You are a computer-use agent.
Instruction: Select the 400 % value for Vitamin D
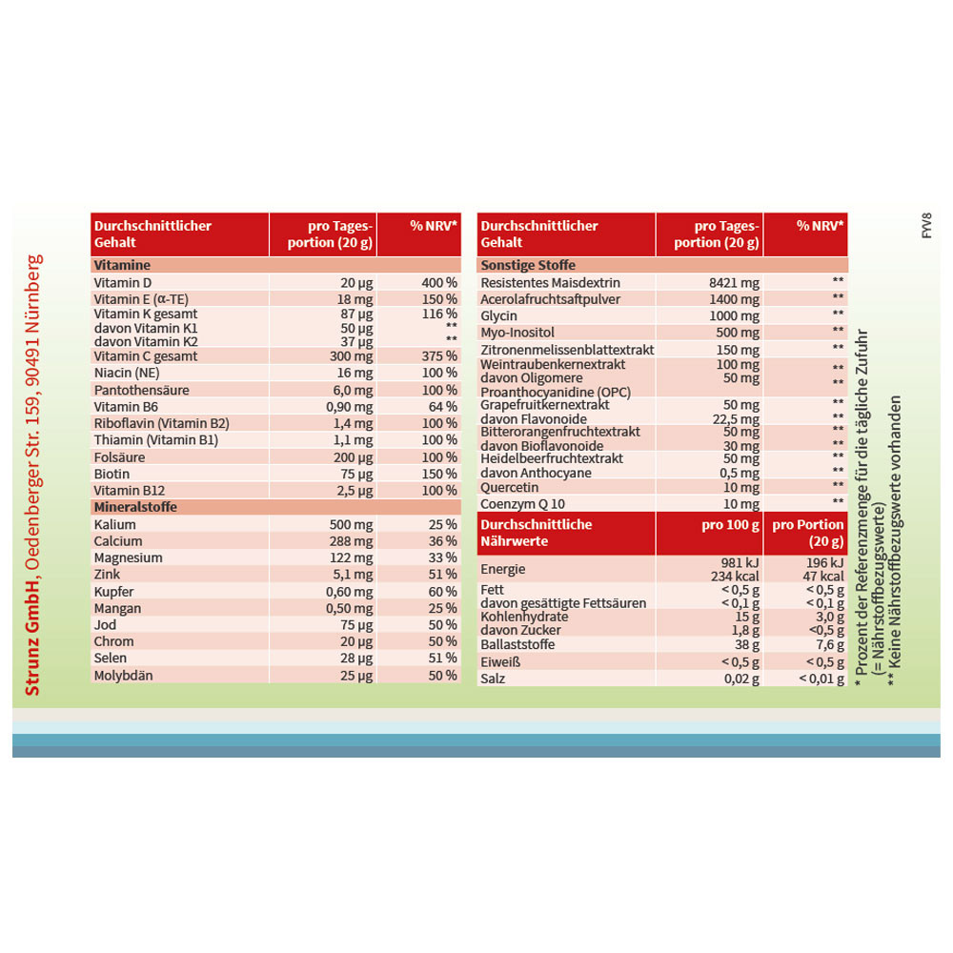(x=439, y=283)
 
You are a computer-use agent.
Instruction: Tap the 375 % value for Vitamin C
(x=439, y=355)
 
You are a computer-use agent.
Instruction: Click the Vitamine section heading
(x=121, y=265)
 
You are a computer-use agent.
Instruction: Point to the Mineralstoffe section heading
(x=135, y=507)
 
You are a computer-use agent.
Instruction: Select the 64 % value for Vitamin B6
(x=444, y=406)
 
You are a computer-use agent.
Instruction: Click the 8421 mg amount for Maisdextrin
(x=735, y=283)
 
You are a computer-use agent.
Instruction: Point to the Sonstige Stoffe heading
(x=528, y=265)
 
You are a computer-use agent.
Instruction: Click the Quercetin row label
(x=510, y=486)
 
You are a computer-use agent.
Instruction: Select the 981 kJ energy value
(x=740, y=562)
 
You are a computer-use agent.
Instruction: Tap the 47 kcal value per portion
(x=822, y=576)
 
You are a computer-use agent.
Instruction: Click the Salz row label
(x=494, y=679)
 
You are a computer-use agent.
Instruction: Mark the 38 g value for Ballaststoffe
(x=746, y=644)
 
